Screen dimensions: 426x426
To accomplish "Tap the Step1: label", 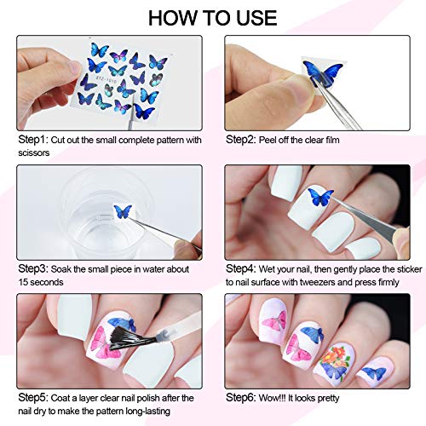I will coord(26,138).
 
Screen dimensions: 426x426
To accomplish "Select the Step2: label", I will coord(243,138).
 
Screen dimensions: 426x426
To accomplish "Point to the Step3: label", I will coord(26,268).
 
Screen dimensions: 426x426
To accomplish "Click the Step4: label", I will coord(243,268).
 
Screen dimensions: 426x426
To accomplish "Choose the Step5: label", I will coord(26,398).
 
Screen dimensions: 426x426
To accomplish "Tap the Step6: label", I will coord(243,398).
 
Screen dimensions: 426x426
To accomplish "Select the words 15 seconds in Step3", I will coord(35,283).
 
